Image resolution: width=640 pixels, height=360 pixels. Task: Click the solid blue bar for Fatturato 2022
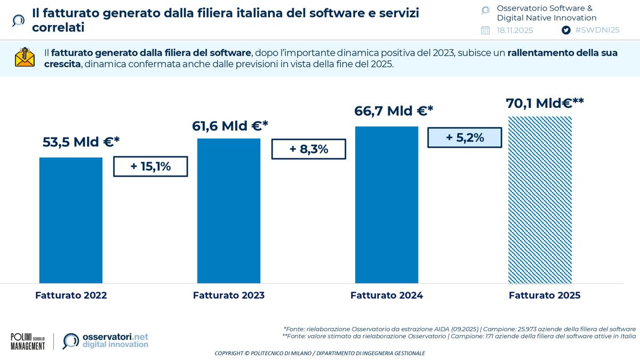(71, 220)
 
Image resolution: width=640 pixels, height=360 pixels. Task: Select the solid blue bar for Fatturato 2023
(229, 211)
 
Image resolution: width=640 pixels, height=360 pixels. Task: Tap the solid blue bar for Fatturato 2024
(387, 205)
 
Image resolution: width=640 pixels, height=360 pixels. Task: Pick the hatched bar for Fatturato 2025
(540, 200)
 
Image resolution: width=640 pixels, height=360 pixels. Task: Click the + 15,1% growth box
(150, 166)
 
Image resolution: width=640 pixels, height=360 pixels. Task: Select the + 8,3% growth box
(309, 149)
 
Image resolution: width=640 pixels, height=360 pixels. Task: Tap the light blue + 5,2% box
(465, 138)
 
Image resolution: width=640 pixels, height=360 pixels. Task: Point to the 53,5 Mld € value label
(81, 142)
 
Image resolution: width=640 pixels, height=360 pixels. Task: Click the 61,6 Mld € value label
(230, 126)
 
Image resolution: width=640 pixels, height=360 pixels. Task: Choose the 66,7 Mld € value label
(394, 111)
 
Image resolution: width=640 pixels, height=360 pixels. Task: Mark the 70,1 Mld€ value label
(545, 102)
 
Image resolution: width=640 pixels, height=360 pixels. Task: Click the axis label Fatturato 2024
(387, 295)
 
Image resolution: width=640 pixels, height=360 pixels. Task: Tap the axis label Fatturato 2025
(545, 295)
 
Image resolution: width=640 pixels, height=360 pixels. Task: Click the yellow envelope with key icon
(25, 58)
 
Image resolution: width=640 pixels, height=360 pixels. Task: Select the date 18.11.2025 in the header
(515, 30)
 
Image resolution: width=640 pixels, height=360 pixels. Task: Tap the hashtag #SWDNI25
(597, 30)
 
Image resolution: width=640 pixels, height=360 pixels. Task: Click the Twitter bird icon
(566, 30)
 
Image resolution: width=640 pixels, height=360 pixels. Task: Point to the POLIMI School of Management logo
(28, 341)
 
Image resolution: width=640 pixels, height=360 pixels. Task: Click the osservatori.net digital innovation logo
(106, 341)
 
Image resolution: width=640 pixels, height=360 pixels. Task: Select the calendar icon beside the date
(485, 30)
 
